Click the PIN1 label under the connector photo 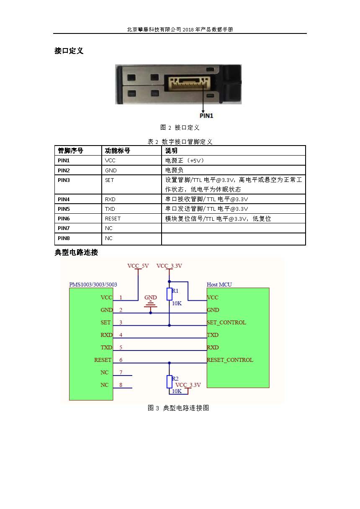[x=206, y=116]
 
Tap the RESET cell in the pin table [x=113, y=219]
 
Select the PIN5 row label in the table [x=64, y=209]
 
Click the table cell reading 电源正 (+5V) [x=185, y=161]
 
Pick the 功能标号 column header [x=117, y=151]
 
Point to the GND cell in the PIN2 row [x=111, y=170]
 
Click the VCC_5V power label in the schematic [x=138, y=266]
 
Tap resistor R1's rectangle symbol [x=169, y=294]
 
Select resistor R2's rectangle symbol [x=169, y=382]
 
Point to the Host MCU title [x=219, y=284]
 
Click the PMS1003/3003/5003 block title [x=93, y=284]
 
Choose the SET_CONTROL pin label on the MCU [x=226, y=322]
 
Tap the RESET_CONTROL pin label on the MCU [x=230, y=360]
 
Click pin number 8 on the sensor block [x=121, y=385]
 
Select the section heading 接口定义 [x=69, y=51]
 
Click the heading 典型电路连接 [x=76, y=253]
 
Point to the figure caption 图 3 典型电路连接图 [x=178, y=408]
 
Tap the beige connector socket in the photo [x=190, y=83]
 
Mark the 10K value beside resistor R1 [x=177, y=303]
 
